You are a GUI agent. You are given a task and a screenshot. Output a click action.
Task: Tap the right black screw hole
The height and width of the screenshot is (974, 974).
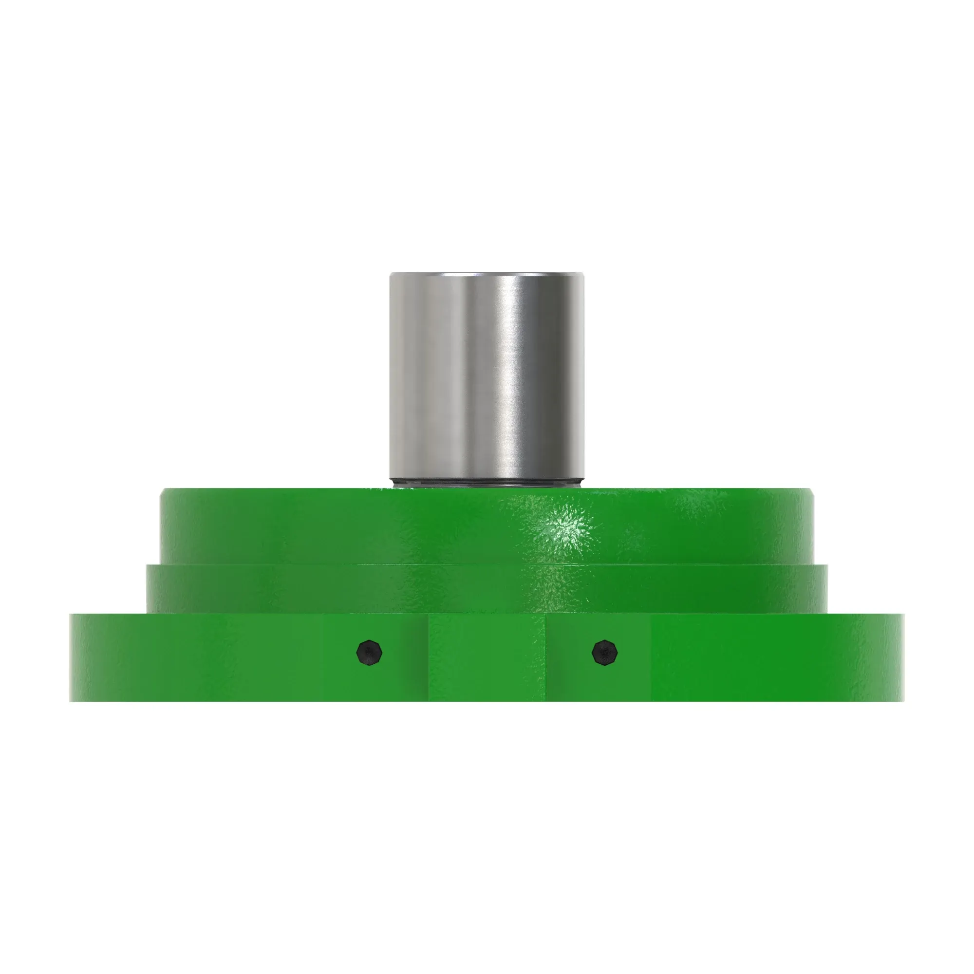pyautogui.click(x=604, y=653)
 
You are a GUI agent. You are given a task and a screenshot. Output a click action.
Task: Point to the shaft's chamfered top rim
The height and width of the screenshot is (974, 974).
pyautogui.click(x=487, y=275)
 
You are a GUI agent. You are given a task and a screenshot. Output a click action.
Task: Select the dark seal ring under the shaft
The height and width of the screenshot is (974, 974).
pyautogui.click(x=487, y=484)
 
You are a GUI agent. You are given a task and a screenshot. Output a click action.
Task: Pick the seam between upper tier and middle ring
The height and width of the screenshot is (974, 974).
pyautogui.click(x=487, y=564)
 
